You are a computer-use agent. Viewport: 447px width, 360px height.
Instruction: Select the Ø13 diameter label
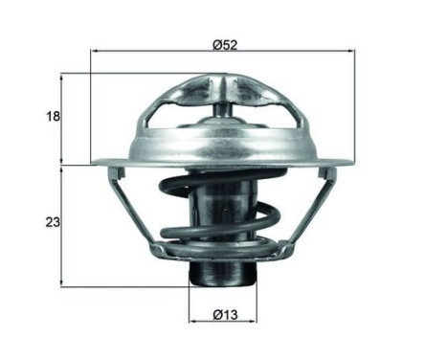pos(224,313)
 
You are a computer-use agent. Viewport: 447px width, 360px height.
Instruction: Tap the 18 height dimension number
pos(53,116)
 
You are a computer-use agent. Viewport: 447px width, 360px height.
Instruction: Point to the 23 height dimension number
pos(53,222)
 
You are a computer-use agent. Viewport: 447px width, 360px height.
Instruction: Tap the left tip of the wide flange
pos(94,163)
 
